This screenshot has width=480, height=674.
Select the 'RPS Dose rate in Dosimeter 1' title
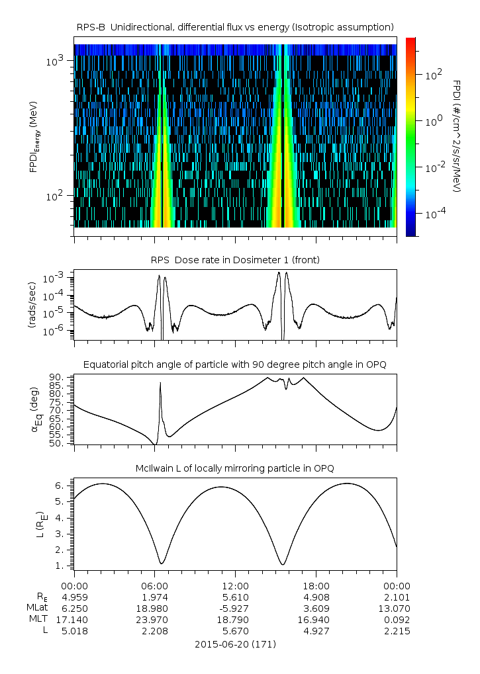coord(236,260)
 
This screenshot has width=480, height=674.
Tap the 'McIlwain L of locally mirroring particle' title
coord(236,468)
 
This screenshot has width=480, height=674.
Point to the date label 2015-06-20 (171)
coord(236,644)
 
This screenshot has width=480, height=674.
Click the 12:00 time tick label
coord(235,585)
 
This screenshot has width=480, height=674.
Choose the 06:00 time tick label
coord(154,585)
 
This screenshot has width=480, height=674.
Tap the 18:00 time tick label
coord(316,585)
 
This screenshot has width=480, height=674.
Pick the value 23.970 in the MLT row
coord(154,619)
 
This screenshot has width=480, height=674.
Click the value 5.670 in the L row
coord(235,630)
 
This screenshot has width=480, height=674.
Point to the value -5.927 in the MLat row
coord(235,608)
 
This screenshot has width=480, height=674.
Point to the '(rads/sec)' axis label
coord(32,304)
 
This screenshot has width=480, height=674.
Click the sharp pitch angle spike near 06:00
coord(160,384)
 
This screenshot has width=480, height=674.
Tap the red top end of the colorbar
coord(410,42)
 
